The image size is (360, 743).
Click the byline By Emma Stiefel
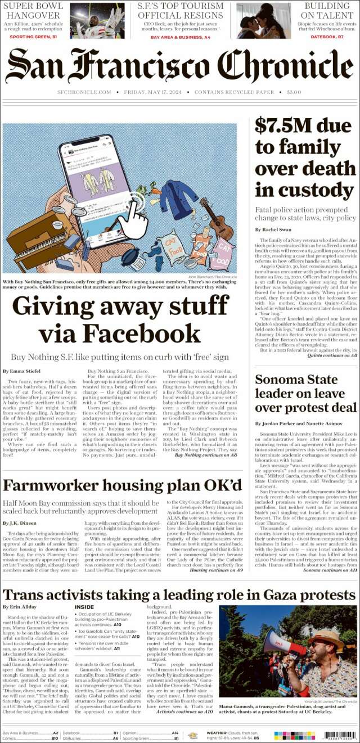point(21,371)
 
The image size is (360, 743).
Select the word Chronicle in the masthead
point(285,65)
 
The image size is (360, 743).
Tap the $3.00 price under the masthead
point(294,92)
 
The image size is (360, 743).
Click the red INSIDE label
point(84,607)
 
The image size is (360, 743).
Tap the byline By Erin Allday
point(20,607)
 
